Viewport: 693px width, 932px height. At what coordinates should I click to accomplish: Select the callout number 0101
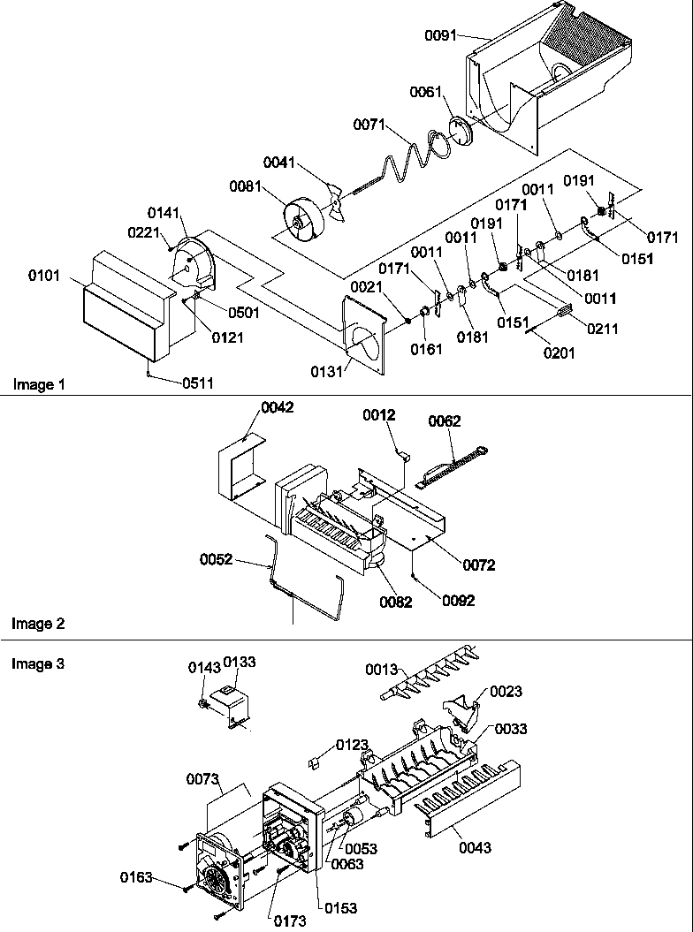click(45, 276)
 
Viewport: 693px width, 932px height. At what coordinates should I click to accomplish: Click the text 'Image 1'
click(38, 384)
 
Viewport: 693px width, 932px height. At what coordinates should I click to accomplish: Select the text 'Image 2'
click(38, 624)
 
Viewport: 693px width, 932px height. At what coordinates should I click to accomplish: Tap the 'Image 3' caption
click(38, 664)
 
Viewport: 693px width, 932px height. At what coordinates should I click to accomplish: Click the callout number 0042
click(277, 407)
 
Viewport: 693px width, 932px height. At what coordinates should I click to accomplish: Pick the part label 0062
click(445, 421)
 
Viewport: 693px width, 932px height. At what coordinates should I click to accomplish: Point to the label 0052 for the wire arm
click(216, 559)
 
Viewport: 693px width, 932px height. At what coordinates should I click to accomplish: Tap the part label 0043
click(476, 848)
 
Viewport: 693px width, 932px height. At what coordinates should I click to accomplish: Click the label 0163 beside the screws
click(137, 877)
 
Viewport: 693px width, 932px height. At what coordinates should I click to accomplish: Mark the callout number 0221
click(144, 231)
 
